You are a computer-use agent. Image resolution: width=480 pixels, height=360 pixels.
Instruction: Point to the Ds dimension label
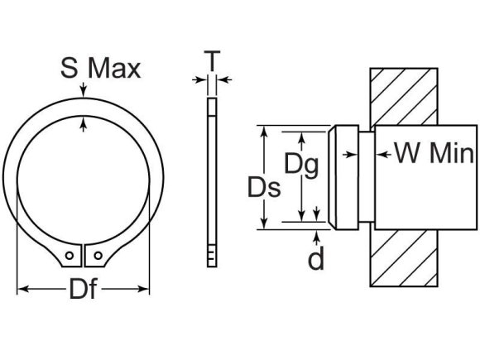264,188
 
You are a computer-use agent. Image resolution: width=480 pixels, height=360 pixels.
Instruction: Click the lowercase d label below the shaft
315,259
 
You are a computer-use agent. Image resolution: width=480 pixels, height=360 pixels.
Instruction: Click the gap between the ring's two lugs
84,257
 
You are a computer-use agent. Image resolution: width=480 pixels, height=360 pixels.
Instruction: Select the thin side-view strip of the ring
212,182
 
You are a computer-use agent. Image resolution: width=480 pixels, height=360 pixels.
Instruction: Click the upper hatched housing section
402,95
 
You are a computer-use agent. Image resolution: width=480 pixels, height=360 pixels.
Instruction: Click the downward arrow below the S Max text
84,94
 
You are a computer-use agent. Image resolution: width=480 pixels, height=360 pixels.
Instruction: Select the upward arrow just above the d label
315,236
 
